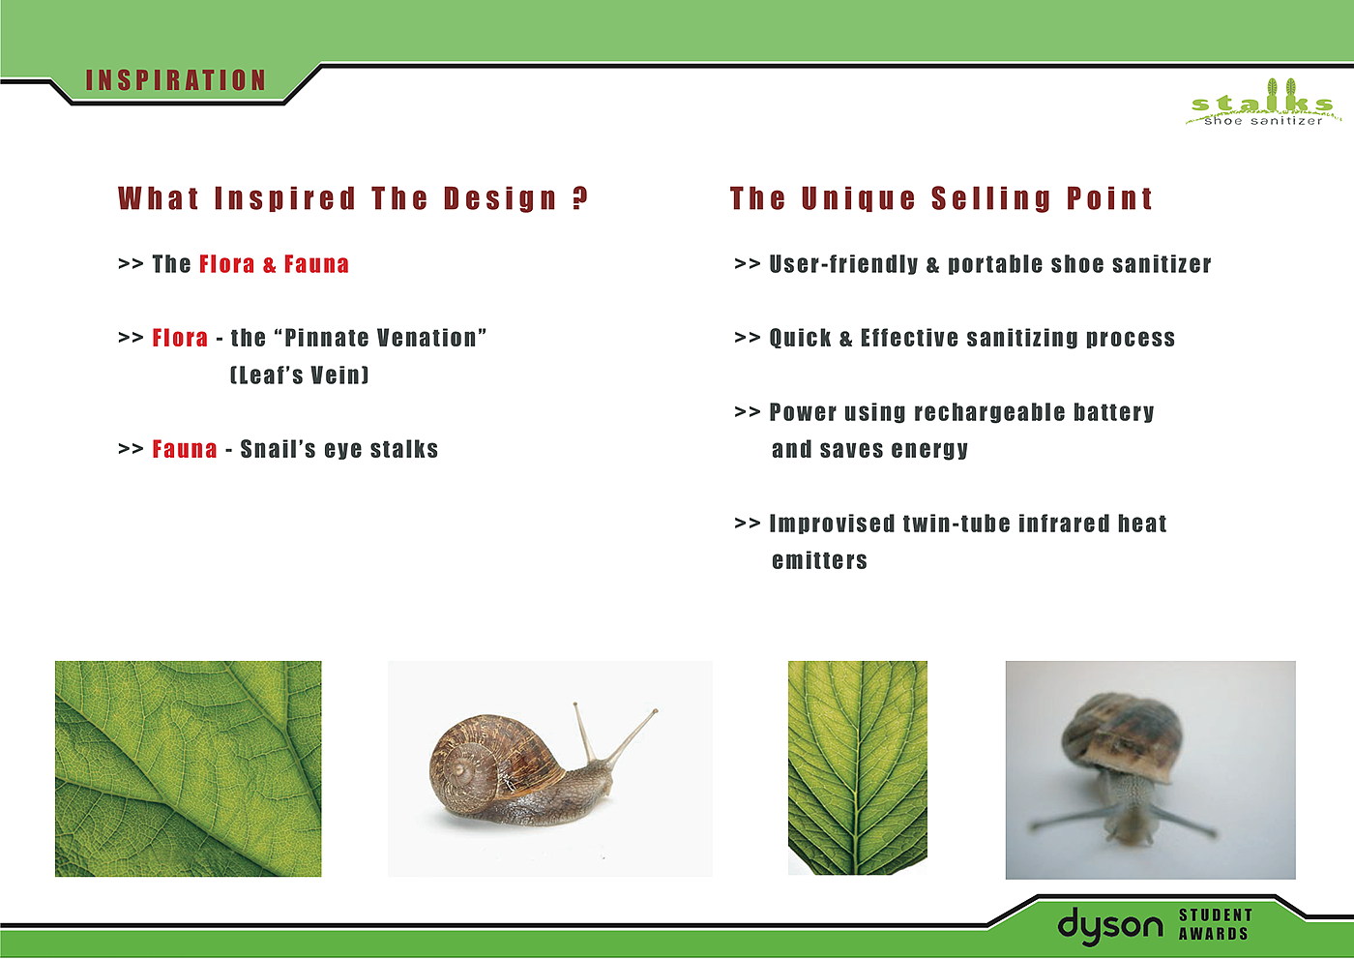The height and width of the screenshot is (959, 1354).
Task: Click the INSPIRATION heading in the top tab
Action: coord(176,80)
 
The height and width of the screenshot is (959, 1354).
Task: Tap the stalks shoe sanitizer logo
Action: coord(1263,103)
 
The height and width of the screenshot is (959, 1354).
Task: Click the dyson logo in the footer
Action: coord(1110,926)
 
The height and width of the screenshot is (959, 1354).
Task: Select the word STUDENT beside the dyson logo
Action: coord(1216,914)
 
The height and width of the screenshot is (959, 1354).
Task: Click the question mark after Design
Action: coord(579,197)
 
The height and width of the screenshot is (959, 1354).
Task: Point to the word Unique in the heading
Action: coord(859,199)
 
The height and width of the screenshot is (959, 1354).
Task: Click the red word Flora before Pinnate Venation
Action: coord(180,338)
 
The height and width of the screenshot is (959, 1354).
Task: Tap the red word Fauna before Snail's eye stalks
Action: coord(185,449)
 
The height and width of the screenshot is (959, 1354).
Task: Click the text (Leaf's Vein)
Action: coord(299,375)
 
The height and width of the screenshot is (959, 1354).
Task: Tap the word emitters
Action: coord(819,560)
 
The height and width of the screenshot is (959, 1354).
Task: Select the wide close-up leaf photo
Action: coord(188,768)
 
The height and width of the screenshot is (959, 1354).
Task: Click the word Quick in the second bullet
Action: coord(800,338)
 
